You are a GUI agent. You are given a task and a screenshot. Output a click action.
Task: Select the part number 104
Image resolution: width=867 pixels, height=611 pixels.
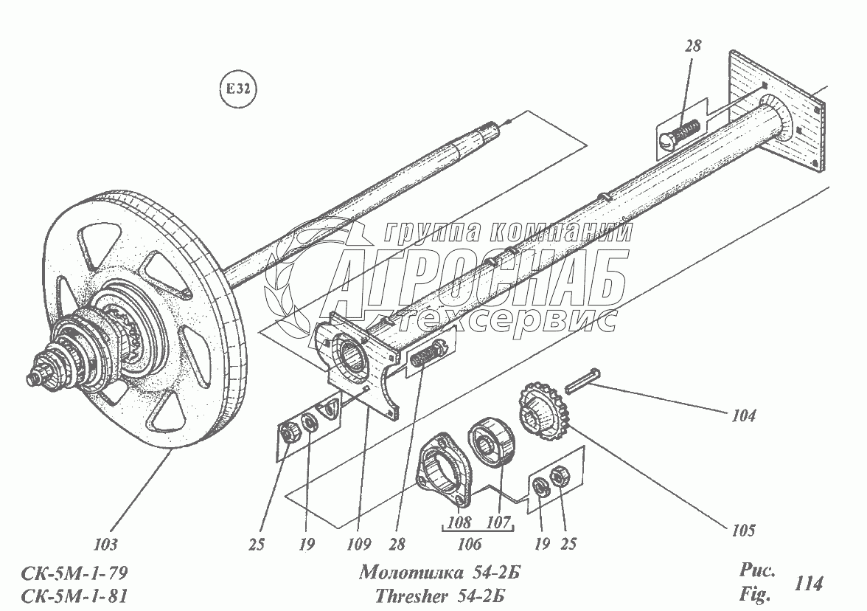coord(744,416)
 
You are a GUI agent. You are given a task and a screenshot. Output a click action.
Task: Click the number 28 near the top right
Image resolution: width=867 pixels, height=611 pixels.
coord(692,46)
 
